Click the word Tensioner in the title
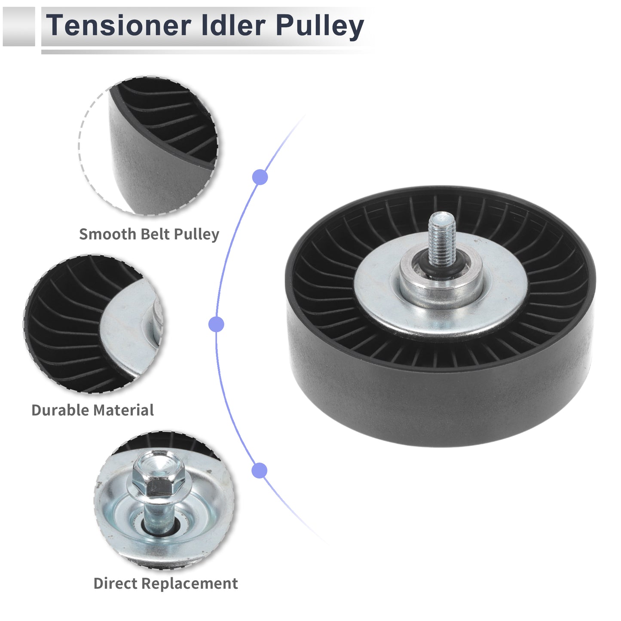(x=119, y=25)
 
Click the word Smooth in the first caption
(x=108, y=234)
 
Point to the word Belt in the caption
(x=156, y=234)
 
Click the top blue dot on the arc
(x=260, y=177)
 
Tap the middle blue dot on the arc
(x=216, y=324)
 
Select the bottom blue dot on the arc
(x=260, y=471)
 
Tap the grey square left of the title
(x=18, y=27)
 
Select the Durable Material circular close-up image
(x=93, y=324)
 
